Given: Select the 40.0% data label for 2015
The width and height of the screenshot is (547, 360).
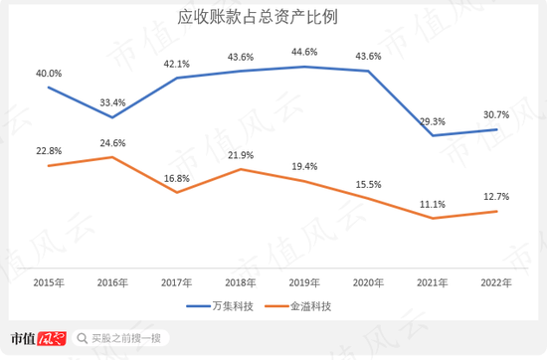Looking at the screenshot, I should [x=49, y=74].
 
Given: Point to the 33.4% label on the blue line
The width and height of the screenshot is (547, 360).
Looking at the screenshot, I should [x=112, y=102].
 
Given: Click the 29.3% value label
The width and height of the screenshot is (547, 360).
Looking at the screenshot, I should [x=432, y=120].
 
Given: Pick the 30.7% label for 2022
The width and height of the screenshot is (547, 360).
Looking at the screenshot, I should [x=495, y=114].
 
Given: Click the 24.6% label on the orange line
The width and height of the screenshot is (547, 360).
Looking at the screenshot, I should [x=112, y=143].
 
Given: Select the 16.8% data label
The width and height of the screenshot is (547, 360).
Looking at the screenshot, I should [x=176, y=178].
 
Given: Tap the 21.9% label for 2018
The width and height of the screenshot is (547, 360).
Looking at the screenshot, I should [x=240, y=155].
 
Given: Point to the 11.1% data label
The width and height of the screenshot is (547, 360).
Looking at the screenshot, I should [x=432, y=204].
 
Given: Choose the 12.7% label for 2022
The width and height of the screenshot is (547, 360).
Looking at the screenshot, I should [x=495, y=196].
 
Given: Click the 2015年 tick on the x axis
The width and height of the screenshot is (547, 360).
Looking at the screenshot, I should [x=49, y=282].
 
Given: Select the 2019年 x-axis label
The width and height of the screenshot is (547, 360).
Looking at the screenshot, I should [x=304, y=282].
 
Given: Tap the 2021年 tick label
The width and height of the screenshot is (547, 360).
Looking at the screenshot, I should [x=432, y=282].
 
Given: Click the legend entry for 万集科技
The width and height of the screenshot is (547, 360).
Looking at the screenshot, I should [x=230, y=306].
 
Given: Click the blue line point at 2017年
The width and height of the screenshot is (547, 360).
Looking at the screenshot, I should [x=176, y=78].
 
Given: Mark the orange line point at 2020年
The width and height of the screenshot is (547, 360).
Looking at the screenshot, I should [x=368, y=199].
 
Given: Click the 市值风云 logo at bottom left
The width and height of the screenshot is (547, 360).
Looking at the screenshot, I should [x=35, y=338].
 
